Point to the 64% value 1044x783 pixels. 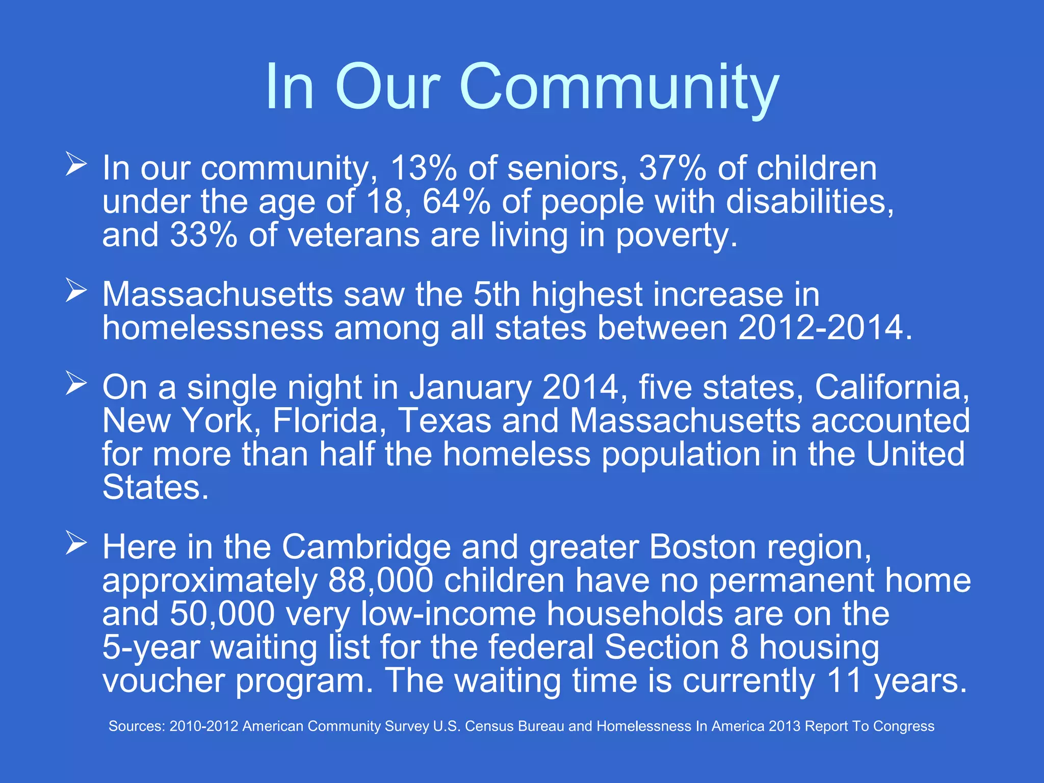point(456,202)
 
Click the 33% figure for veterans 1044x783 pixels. point(203,235)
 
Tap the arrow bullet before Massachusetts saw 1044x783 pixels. point(76,291)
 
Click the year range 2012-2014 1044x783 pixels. point(821,328)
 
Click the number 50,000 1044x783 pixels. point(222,614)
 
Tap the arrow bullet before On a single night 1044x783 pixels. point(76,384)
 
